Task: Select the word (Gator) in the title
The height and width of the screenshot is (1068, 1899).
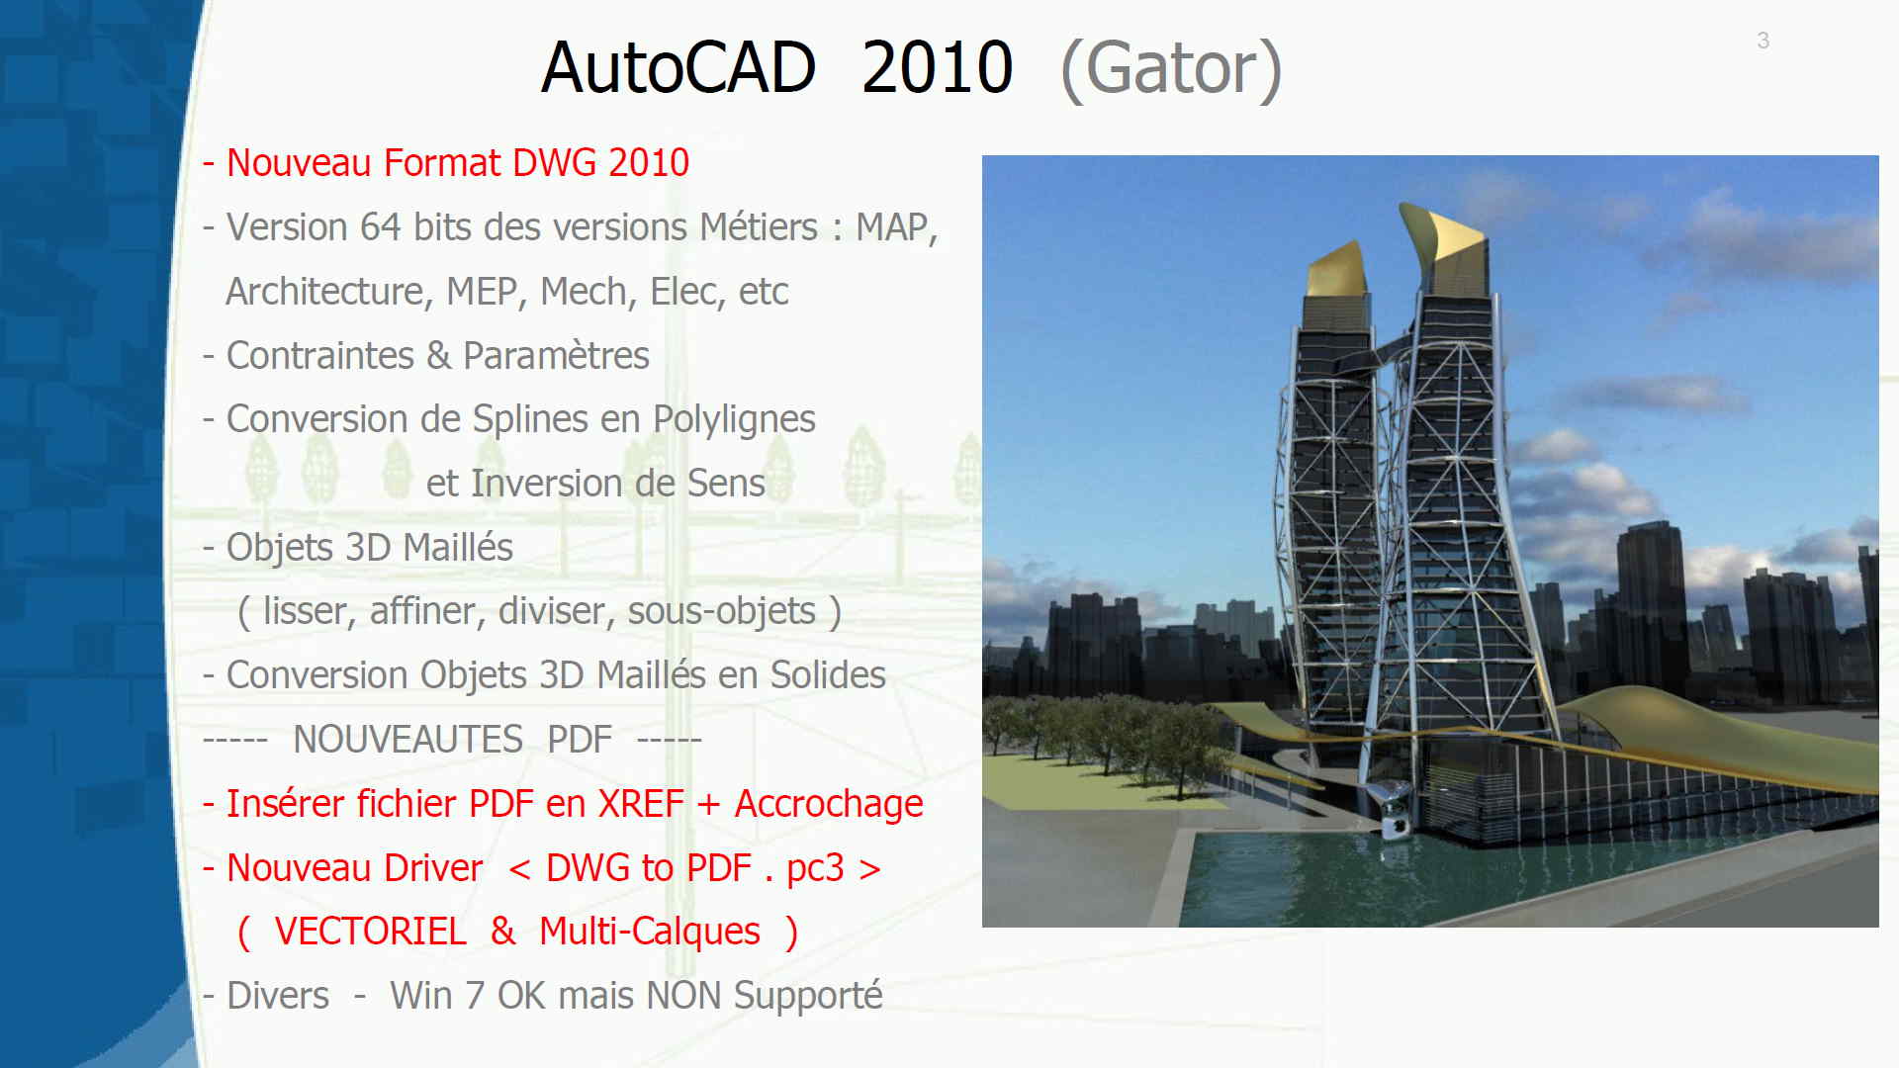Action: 1171,69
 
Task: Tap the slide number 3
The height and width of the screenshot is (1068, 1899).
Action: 1763,41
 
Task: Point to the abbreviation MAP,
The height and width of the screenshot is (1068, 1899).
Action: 896,228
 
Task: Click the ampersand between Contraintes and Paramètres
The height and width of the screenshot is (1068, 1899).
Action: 438,356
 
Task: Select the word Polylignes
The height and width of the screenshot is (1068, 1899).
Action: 734,420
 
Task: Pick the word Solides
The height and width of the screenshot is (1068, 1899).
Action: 828,675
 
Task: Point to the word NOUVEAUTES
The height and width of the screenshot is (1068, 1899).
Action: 407,740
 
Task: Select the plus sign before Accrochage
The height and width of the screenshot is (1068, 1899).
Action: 708,805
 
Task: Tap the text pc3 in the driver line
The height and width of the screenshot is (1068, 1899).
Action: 815,869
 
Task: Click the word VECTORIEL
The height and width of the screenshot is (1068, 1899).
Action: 370,932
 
